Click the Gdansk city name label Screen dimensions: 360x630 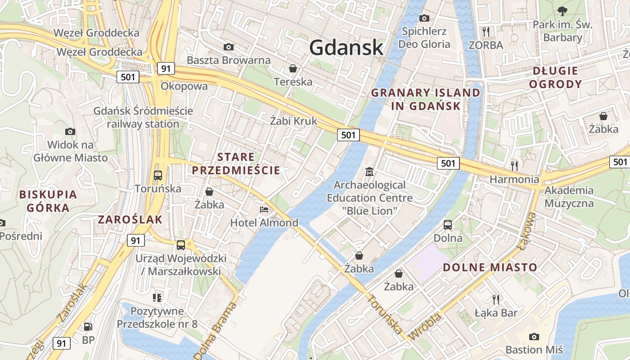point(346,47)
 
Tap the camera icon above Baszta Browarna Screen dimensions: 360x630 point(229,47)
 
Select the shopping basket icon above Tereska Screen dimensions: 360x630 point(293,68)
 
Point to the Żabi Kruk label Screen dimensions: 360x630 point(293,121)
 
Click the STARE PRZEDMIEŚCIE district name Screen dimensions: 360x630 point(236,164)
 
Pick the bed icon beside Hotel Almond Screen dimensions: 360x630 point(264,210)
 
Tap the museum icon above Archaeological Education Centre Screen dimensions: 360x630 point(369,171)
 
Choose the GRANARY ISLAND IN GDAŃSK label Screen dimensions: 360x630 point(425,99)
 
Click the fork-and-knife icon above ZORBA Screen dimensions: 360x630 point(486,31)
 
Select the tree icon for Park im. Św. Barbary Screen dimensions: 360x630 point(562,11)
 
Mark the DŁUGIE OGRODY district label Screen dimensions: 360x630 point(555,77)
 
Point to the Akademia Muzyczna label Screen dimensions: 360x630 point(569,197)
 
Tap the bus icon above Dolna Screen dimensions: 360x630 point(448,225)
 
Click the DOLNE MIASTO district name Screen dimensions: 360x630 point(490,267)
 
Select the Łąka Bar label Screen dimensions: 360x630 point(496,313)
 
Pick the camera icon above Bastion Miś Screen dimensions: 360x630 point(534,337)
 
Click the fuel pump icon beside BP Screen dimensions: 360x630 point(88,327)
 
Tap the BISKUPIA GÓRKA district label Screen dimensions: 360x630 point(48,201)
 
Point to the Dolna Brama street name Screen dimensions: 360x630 point(215,331)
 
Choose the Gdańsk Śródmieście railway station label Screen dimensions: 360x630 point(143,117)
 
